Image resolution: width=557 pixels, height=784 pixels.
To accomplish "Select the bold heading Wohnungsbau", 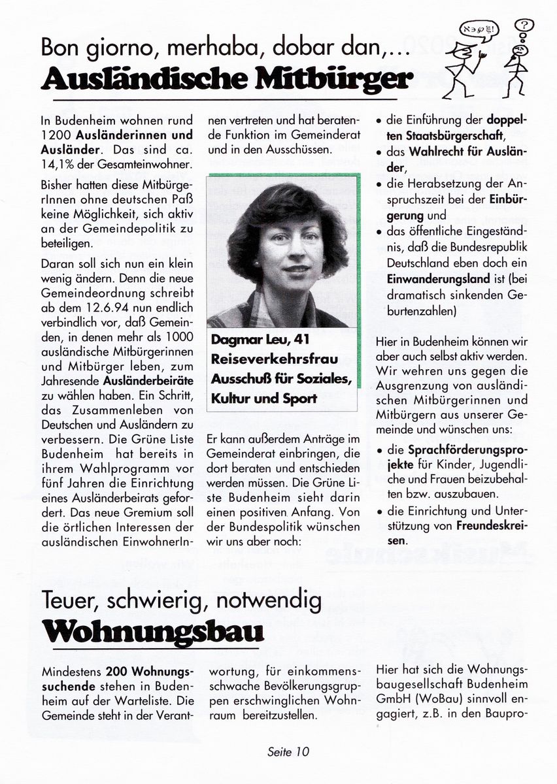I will [x=152, y=632].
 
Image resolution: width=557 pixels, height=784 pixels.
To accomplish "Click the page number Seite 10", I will [x=288, y=751].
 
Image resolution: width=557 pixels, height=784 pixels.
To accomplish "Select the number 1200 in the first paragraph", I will [x=54, y=136].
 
